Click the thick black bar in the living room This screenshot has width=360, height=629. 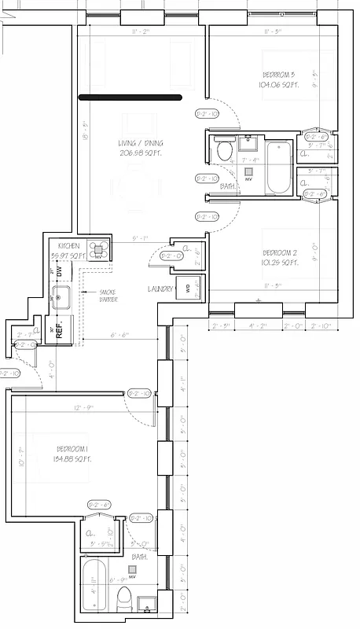pos(130,97)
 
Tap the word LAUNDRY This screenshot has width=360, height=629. pos(160,289)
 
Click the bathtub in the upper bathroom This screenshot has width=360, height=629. pos(279,167)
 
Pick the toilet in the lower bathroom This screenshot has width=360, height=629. pos(124,601)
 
